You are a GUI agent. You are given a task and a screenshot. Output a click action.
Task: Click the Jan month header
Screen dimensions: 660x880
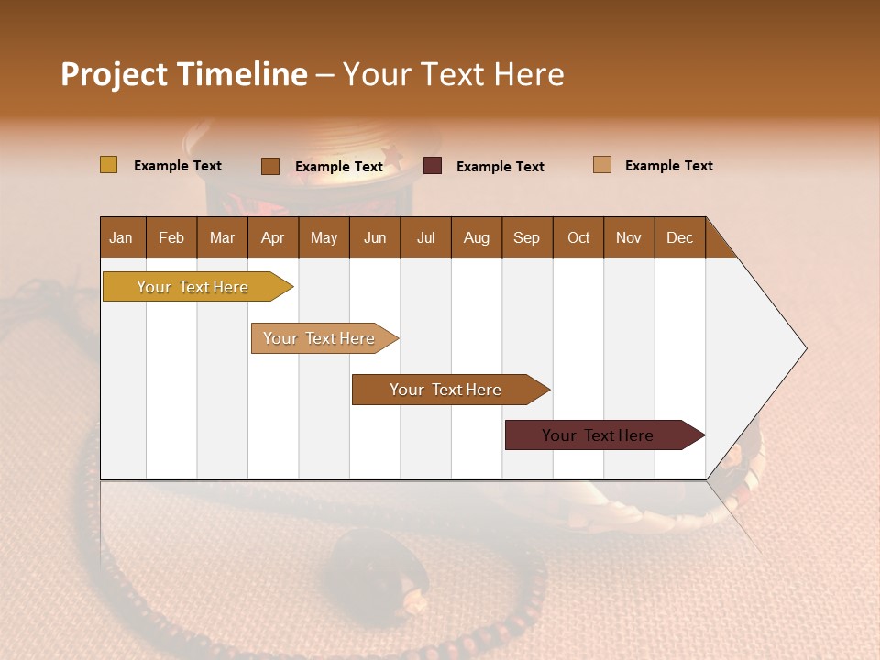(121, 238)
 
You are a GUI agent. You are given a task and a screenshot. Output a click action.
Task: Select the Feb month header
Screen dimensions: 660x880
(171, 238)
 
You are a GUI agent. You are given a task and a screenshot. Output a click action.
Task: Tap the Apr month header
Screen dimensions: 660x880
(272, 238)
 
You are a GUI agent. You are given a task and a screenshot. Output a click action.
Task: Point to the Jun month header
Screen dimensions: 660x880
(375, 238)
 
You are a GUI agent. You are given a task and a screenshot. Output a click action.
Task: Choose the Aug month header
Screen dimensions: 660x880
(476, 238)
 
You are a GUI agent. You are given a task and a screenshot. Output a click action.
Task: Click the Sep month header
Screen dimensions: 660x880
(526, 238)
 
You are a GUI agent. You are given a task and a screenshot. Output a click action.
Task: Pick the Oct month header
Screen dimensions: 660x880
(578, 238)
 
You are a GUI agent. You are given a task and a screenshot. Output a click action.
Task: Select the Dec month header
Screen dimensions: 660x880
(679, 238)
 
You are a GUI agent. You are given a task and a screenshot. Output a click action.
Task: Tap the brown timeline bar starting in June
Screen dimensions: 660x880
(446, 390)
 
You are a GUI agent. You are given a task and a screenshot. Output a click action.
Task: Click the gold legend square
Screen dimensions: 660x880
(109, 165)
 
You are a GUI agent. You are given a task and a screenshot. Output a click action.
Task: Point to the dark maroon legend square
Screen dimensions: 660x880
(433, 166)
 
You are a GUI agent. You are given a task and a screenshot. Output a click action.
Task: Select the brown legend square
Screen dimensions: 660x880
(270, 166)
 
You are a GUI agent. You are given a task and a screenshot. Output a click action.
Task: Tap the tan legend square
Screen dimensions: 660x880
(602, 165)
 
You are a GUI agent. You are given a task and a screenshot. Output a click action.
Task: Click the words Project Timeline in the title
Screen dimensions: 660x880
(184, 74)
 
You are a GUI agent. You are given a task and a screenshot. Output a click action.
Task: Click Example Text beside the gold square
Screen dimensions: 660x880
(178, 166)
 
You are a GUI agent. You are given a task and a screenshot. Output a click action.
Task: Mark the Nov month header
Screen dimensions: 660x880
(628, 238)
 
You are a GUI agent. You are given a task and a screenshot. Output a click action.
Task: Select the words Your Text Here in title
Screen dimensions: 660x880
(453, 74)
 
